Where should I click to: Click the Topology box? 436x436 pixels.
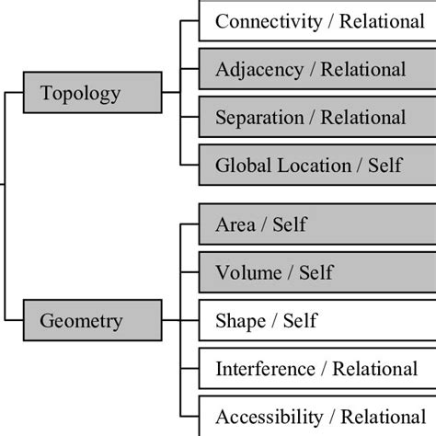(91, 94)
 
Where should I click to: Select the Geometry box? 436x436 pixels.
(91, 320)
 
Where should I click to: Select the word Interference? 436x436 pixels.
(263, 370)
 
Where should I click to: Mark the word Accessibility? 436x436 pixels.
(267, 417)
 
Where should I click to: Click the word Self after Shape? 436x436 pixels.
(300, 321)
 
